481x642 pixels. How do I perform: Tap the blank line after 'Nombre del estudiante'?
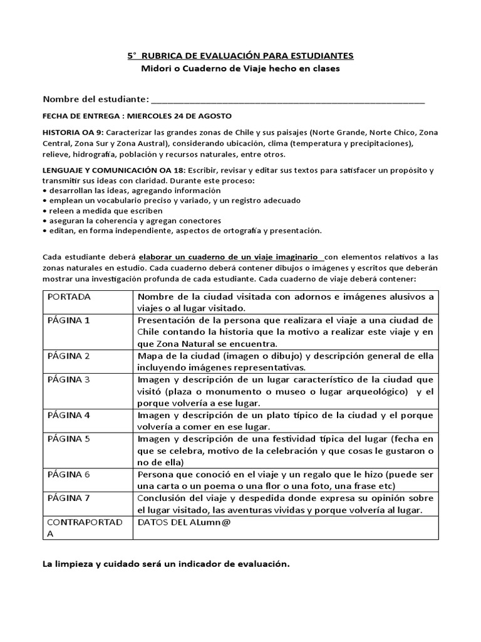(288, 100)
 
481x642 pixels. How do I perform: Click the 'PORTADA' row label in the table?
(69, 297)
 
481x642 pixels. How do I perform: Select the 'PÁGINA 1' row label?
(69, 320)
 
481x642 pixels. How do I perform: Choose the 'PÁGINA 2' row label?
(69, 355)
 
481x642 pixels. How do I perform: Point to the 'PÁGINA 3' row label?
(69, 379)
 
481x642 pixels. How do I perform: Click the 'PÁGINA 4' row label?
(69, 415)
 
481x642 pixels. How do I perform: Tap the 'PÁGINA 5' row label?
(69, 439)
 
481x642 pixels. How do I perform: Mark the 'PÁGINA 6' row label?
(69, 475)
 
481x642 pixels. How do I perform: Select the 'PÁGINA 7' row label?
(69, 498)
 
